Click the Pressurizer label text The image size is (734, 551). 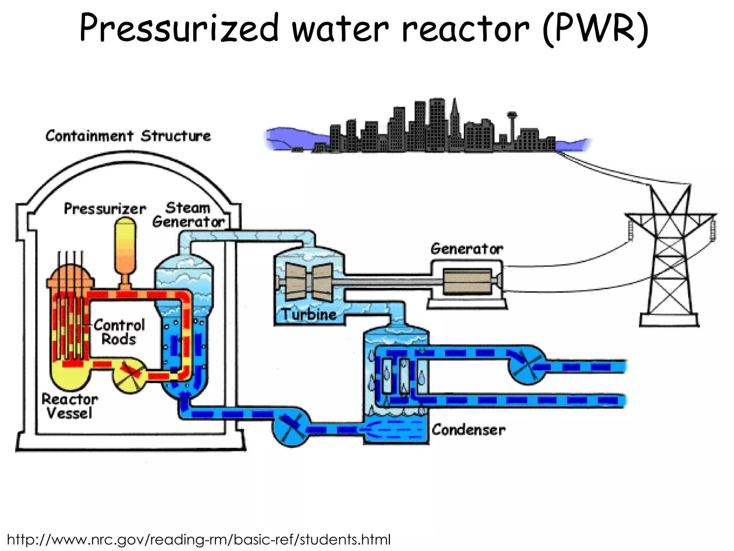[105, 209]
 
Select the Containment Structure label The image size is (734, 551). [128, 136]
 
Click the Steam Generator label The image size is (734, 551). [189, 215]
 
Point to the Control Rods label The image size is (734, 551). [119, 332]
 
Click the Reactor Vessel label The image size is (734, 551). [70, 406]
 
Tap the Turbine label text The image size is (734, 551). [309, 315]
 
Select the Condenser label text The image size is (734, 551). [468, 430]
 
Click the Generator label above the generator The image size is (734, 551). [467, 249]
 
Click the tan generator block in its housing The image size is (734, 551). [467, 282]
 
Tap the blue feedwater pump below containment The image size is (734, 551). [291, 427]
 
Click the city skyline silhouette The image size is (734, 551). [430, 129]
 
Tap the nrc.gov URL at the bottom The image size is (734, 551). [199, 539]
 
